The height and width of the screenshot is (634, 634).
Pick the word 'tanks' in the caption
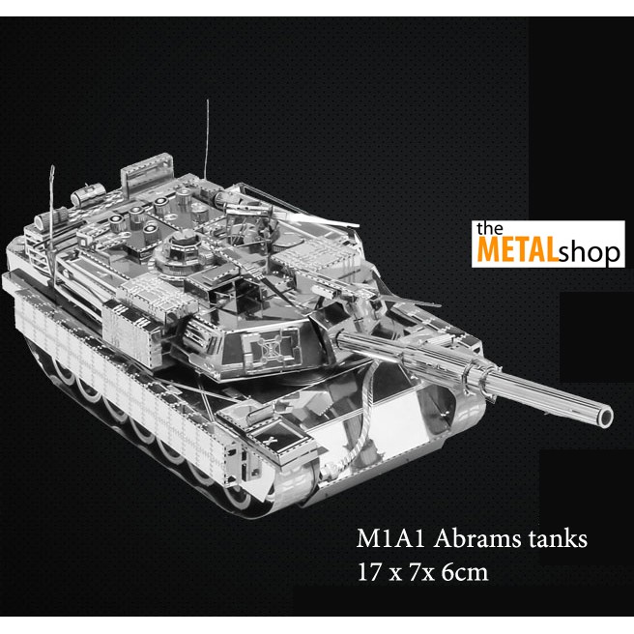[x=553, y=539]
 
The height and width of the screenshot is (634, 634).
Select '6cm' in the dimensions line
[x=461, y=571]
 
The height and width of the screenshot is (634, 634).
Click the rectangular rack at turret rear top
[x=144, y=178]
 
